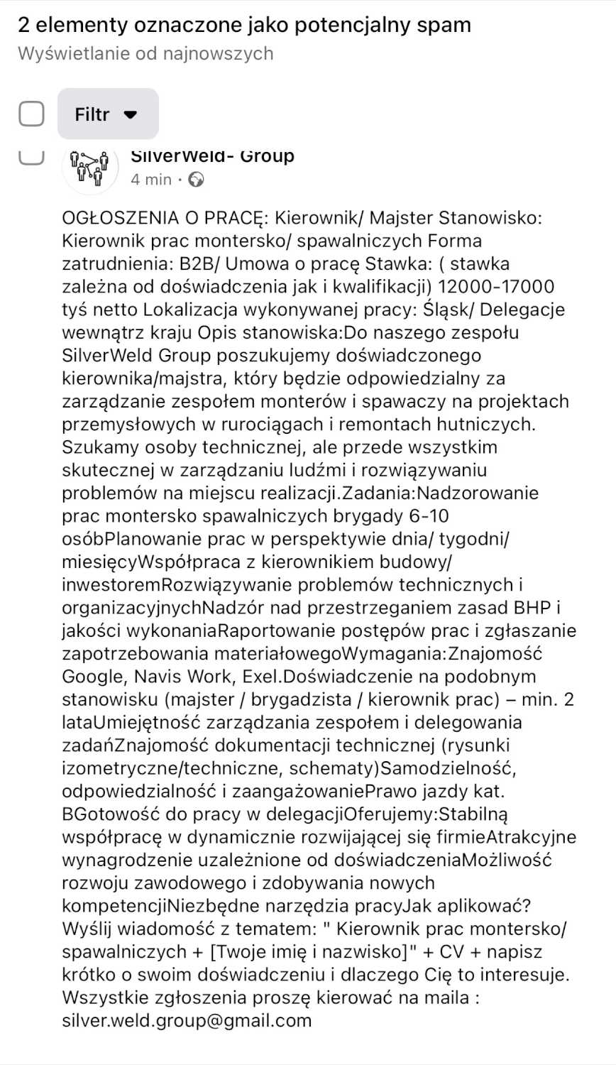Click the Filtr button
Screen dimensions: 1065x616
tap(107, 114)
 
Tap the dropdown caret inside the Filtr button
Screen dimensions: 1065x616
tap(130, 115)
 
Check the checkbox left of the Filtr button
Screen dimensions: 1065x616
tap(31, 114)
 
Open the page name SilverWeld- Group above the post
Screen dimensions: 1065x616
tap(212, 157)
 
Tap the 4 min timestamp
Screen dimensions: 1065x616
tap(151, 180)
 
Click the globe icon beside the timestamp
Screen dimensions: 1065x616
tap(197, 180)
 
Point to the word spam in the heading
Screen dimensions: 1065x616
tap(444, 26)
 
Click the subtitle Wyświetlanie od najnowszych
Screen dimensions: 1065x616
tap(145, 53)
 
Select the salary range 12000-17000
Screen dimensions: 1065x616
tap(496, 287)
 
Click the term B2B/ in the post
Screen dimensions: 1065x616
tap(195, 264)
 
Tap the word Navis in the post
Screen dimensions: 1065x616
tap(159, 676)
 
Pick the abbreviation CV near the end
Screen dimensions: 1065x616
tap(451, 951)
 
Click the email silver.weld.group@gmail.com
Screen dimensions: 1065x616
tap(187, 1020)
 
